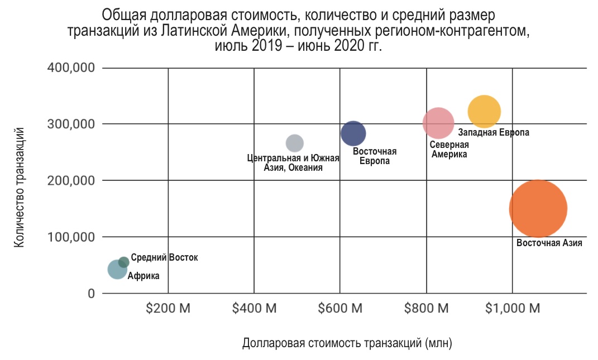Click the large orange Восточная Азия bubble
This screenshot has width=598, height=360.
tap(538, 209)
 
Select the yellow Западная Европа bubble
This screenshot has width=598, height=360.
tap(484, 112)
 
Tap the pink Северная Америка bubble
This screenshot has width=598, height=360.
tap(438, 123)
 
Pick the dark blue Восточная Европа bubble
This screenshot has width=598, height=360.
tap(353, 133)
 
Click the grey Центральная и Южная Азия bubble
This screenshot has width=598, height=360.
tap(294, 143)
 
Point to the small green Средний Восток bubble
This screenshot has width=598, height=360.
tap(124, 262)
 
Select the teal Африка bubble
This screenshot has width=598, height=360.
tap(117, 270)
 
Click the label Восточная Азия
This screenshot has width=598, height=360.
tap(549, 243)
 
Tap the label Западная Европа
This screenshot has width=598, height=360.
tap(494, 133)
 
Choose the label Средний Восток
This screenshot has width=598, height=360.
tap(164, 258)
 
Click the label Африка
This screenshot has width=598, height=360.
tap(143, 276)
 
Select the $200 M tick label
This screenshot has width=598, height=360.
tap(168, 308)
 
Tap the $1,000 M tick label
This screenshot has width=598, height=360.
tap(512, 308)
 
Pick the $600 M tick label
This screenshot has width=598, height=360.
tap(340, 308)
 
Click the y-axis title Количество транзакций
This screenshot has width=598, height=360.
tap(20, 187)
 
